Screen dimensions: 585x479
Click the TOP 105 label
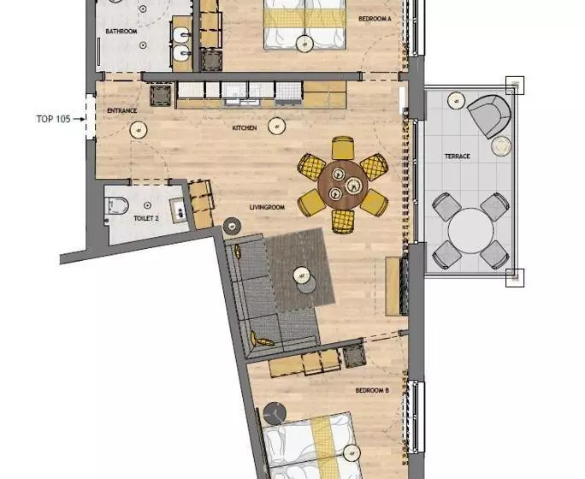[53, 119]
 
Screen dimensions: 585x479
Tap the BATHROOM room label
[121, 32]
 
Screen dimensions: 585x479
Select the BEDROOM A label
[375, 19]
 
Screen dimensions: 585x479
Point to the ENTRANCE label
[122, 111]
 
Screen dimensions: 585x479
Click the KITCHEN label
[245, 128]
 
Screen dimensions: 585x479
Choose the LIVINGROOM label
[267, 207]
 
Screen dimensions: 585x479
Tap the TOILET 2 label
[146, 218]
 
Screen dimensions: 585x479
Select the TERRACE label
[458, 157]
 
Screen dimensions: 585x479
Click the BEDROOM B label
[372, 391]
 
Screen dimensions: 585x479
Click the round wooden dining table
[343, 185]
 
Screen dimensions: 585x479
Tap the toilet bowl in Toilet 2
[116, 205]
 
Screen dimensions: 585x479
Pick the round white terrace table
[471, 231]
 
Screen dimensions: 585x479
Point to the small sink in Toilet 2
[180, 210]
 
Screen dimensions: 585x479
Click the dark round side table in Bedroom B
[275, 413]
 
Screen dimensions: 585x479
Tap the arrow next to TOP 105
[79, 120]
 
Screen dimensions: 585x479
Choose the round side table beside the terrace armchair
[500, 146]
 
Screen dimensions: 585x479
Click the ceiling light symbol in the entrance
[139, 130]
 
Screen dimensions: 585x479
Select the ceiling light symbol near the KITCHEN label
[277, 127]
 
